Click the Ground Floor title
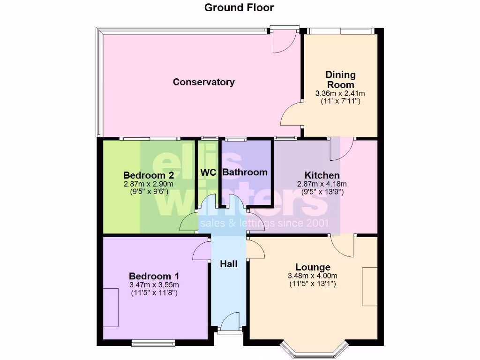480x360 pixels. point(239,7)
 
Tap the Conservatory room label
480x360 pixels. point(203,82)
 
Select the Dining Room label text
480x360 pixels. point(340,80)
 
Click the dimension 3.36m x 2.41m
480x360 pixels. point(340,93)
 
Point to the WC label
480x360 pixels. point(208,172)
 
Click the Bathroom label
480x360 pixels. point(245,172)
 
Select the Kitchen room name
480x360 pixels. point(322,175)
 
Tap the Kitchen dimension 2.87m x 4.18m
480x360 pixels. point(322,184)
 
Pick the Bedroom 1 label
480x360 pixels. point(154,276)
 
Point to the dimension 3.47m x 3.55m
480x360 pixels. point(154,285)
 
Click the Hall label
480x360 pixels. point(229,264)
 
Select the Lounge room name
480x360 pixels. point(313,267)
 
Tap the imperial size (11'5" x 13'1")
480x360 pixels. point(313,284)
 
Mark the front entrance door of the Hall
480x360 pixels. point(229,326)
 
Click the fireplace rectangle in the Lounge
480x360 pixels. point(369,286)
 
